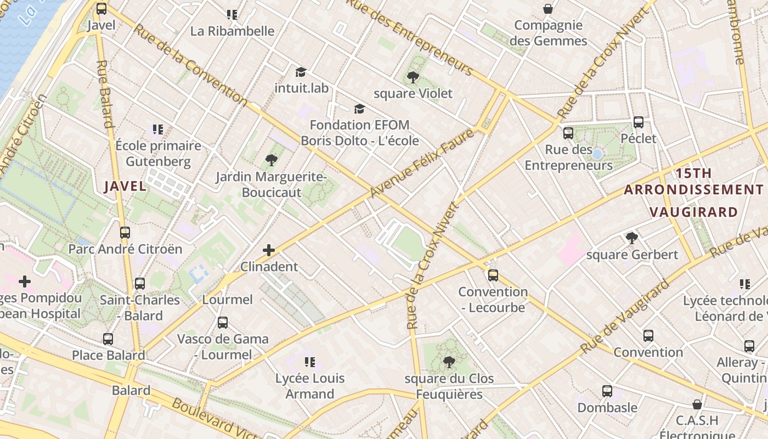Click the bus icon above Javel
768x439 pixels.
pyautogui.click(x=101, y=9)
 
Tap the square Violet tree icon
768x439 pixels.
pyautogui.click(x=413, y=77)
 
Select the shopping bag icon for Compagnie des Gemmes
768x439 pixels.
pyautogui.click(x=547, y=9)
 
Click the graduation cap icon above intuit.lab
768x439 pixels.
pyautogui.click(x=300, y=72)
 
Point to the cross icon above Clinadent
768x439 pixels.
pyautogui.click(x=269, y=250)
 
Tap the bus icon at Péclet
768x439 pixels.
pyautogui.click(x=638, y=122)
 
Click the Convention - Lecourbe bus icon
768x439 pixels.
pyautogui.click(x=493, y=275)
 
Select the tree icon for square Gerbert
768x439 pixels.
pyautogui.click(x=632, y=238)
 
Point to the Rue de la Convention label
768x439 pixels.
pyautogui.click(x=190, y=64)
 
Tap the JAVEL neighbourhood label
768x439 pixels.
pyautogui.click(x=126, y=186)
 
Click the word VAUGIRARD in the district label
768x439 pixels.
pyautogui.click(x=693, y=212)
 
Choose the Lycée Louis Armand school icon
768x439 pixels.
pyautogui.click(x=310, y=362)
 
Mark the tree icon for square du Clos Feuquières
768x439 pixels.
pyautogui.click(x=449, y=362)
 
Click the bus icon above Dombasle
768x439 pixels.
pyautogui.click(x=607, y=391)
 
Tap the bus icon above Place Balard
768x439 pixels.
pyautogui.click(x=108, y=339)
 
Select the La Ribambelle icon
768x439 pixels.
pyautogui.click(x=232, y=15)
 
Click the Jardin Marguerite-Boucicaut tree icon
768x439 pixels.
pyautogui.click(x=271, y=160)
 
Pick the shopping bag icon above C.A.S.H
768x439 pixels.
pyautogui.click(x=697, y=404)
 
